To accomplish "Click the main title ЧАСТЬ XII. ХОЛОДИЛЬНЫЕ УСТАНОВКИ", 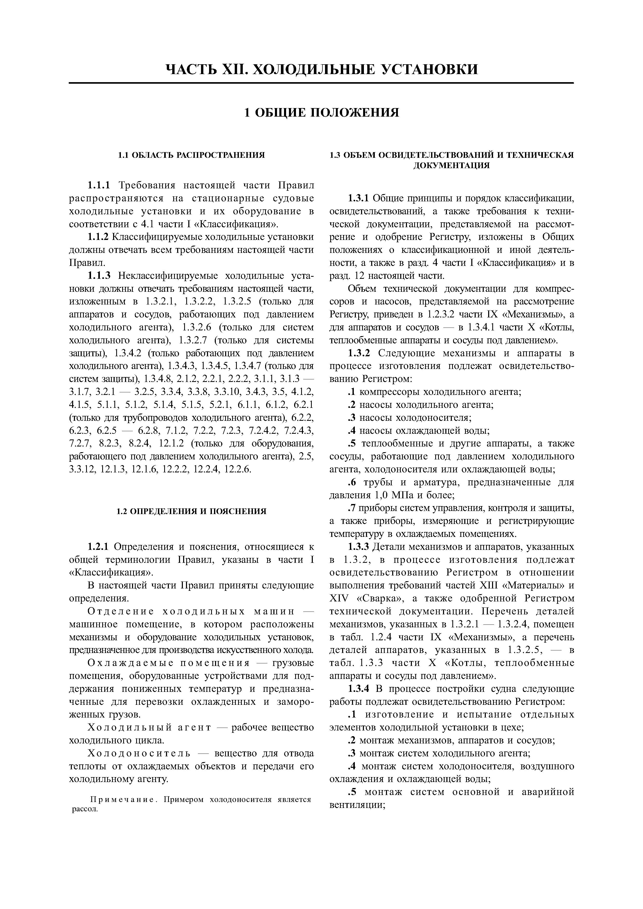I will pyautogui.click(x=321, y=69).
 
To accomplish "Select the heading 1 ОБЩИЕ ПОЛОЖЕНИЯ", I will pyautogui.click(x=321, y=113).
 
